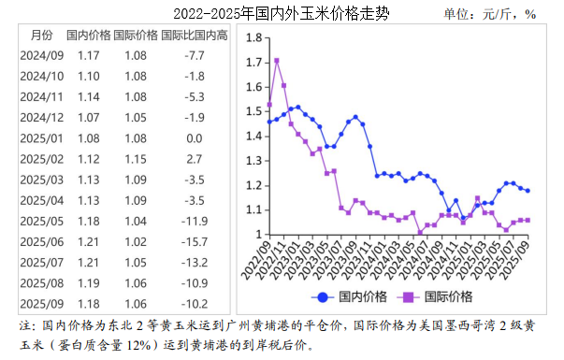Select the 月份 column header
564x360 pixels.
click(x=42, y=36)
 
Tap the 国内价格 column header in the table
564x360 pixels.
click(x=89, y=36)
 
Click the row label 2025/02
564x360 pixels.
click(x=42, y=159)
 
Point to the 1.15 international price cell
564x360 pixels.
click(x=136, y=159)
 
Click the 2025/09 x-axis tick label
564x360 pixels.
click(x=522, y=256)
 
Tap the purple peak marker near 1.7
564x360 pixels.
click(x=276, y=61)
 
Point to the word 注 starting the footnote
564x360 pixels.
click(x=25, y=327)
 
